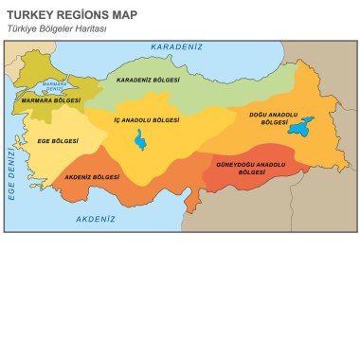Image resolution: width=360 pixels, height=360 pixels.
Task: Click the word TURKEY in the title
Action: click(x=29, y=15)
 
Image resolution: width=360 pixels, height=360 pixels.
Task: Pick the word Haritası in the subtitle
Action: click(x=92, y=29)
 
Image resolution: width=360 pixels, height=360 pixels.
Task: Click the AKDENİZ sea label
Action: click(x=95, y=219)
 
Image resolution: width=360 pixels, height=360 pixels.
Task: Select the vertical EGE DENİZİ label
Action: click(x=12, y=171)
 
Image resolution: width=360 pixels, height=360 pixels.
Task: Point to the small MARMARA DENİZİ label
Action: click(x=55, y=87)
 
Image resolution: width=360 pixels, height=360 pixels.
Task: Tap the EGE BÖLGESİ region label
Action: click(x=58, y=140)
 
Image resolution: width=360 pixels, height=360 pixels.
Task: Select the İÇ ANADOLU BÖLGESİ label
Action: click(x=147, y=120)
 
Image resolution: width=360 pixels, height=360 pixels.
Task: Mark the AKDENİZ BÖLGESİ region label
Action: click(x=92, y=177)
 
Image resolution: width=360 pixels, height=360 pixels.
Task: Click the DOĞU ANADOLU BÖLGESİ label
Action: click(x=272, y=118)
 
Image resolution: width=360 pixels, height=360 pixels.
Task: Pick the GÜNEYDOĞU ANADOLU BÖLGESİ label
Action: click(x=250, y=169)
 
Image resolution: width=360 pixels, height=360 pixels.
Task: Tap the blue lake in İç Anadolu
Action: click(x=140, y=141)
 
